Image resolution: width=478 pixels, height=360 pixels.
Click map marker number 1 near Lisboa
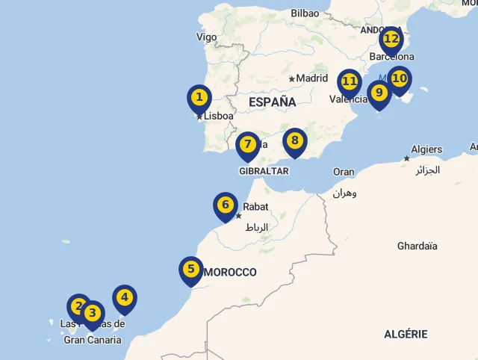(x=199, y=98)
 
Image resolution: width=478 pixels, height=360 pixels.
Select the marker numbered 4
(x=125, y=297)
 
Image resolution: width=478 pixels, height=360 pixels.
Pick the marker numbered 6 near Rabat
(x=226, y=205)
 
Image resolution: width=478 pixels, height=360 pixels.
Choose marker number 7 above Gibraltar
(x=248, y=144)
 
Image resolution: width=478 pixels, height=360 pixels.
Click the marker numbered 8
(x=295, y=140)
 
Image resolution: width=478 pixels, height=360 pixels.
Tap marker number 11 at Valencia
(x=349, y=81)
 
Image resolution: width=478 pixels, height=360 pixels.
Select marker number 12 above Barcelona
(x=391, y=39)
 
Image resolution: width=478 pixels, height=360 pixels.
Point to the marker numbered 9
(x=379, y=93)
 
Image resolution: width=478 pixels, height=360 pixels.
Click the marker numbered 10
(x=400, y=78)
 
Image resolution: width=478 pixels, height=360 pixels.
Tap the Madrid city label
(x=311, y=78)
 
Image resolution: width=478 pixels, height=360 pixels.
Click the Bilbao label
(x=305, y=13)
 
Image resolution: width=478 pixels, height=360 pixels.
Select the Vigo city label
(x=206, y=37)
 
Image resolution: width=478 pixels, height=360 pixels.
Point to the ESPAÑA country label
(x=272, y=102)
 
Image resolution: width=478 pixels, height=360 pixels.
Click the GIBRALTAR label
(x=264, y=171)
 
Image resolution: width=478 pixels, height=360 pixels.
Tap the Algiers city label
(x=427, y=149)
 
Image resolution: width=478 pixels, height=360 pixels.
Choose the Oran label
(x=344, y=172)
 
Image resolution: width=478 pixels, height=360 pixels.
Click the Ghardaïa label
(x=418, y=246)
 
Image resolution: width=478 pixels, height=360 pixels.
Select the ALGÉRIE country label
(x=406, y=334)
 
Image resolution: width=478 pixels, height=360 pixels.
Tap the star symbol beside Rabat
(x=239, y=216)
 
